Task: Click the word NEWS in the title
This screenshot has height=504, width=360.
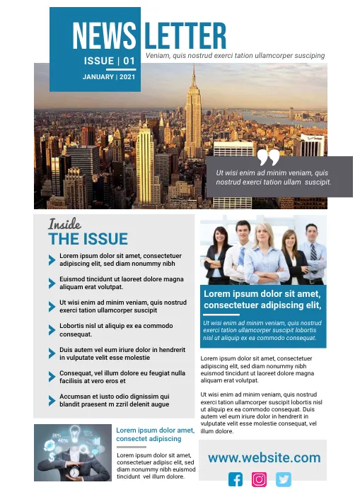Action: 105,36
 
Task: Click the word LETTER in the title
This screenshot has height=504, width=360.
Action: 185,36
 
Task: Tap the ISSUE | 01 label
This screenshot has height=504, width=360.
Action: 109,61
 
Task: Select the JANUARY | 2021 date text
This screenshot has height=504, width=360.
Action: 109,76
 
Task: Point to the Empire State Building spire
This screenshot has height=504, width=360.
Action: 192,74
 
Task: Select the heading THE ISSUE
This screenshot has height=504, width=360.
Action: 88,240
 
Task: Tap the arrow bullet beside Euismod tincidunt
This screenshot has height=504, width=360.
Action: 52,283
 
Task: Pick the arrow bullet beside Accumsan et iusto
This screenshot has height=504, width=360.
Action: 52,400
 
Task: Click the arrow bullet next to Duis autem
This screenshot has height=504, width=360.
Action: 52,353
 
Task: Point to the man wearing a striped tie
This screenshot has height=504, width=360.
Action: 311,251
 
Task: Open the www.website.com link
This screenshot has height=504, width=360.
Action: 264,458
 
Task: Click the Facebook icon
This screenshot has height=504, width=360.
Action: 236,479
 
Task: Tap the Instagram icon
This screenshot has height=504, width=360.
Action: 260,479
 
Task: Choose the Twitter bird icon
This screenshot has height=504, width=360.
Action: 284,479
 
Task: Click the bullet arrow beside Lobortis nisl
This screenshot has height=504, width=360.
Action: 52,329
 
